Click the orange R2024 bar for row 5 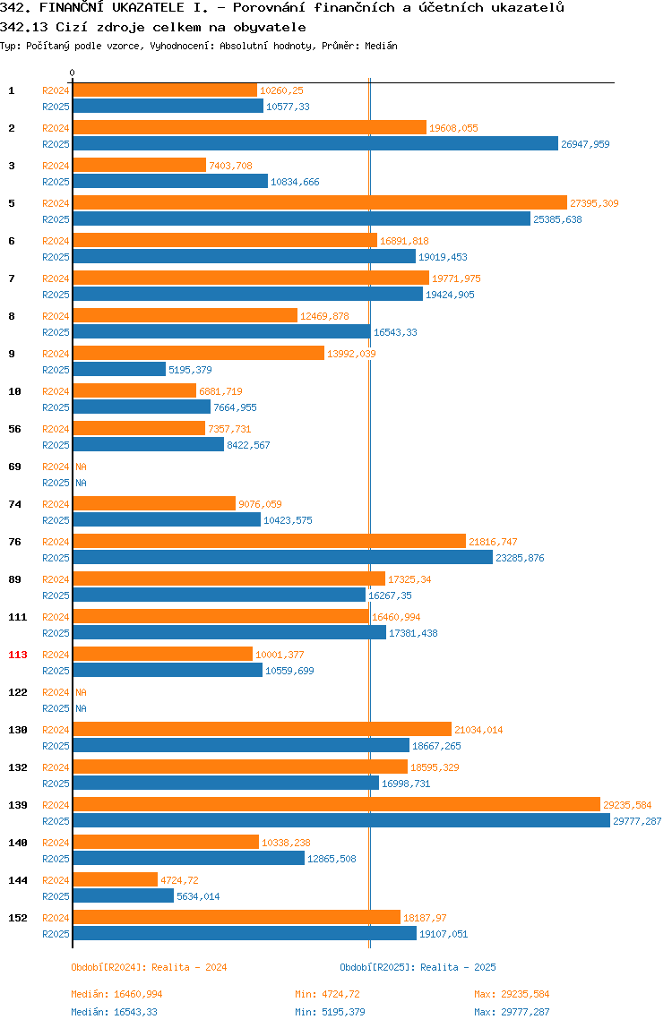coord(320,202)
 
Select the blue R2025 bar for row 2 coord(315,143)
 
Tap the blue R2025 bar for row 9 coord(119,369)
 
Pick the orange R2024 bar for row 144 coord(116,880)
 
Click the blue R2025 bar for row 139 coord(341,820)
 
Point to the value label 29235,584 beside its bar coord(627,804)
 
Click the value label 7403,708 coord(230,165)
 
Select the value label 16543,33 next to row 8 coord(395,331)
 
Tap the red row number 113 coord(18,655)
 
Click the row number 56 coord(14,429)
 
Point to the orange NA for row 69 coord(81,467)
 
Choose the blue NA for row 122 coord(81,708)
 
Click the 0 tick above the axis coord(73,73)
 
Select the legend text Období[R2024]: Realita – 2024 coord(149,967)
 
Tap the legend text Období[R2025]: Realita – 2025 coord(418,967)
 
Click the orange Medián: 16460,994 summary coord(116,994)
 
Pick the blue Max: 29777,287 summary coord(512,1012)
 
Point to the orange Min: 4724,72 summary coord(327,994)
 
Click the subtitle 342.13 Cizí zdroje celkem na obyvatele coord(153,28)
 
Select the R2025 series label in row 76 coord(56,557)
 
